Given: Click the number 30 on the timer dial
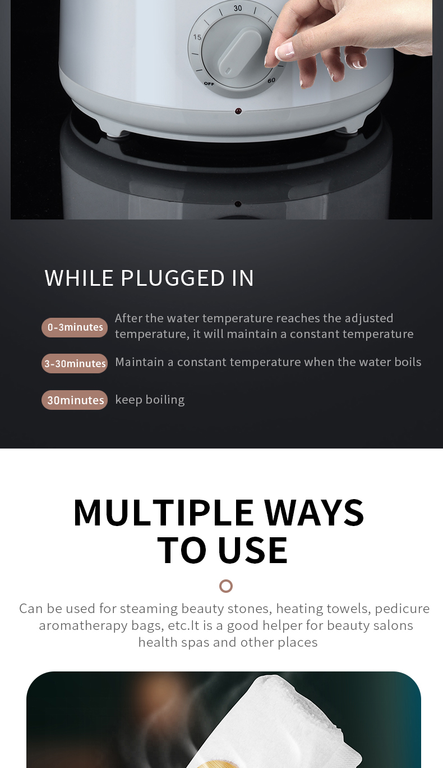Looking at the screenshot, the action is pos(238,8).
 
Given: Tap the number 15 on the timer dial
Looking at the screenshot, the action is pos(197,37).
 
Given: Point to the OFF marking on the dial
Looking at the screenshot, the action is pos(209,83).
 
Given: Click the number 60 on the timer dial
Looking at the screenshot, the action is pos(271,81).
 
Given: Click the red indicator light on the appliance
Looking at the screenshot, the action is pos(238,111).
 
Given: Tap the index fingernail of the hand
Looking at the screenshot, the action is pos(285,51).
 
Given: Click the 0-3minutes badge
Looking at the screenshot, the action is pos(75,327).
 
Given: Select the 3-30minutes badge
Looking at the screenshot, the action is pos(75,363).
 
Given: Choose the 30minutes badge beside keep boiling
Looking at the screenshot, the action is pos(75,400).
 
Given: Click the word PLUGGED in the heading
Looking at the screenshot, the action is pos(173,278).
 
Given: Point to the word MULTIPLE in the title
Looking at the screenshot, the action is pos(164,513).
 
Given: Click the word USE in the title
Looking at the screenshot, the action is pos(253,550).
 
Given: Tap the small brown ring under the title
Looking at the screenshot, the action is pos(226,586).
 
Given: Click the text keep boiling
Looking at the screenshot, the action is pos(150,400).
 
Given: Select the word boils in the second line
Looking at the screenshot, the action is pos(408,362).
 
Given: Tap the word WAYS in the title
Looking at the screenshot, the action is pos(314,513).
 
